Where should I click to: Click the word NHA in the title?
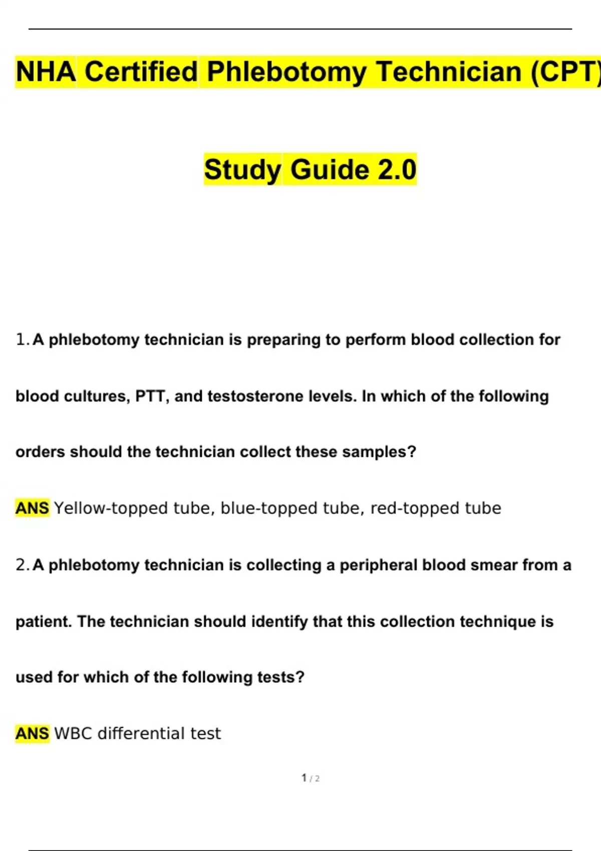pyautogui.click(x=46, y=72)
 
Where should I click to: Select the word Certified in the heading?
pyautogui.click(x=141, y=72)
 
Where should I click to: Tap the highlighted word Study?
pyautogui.click(x=242, y=169)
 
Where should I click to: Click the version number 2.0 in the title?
pyautogui.click(x=397, y=169)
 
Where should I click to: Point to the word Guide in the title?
pyautogui.click(x=330, y=169)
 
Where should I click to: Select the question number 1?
pyautogui.click(x=22, y=339)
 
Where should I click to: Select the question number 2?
pyautogui.click(x=22, y=565)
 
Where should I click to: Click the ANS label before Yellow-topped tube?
pyautogui.click(x=32, y=508)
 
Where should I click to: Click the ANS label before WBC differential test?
pyautogui.click(x=32, y=733)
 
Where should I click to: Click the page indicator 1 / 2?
pyautogui.click(x=311, y=778)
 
